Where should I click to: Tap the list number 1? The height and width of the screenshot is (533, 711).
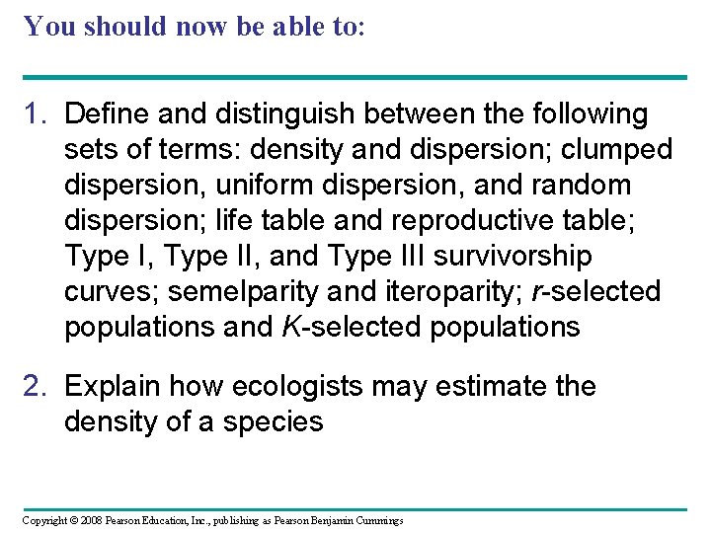36,114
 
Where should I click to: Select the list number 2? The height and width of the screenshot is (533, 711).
36,386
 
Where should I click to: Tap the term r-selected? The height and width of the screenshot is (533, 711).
607,292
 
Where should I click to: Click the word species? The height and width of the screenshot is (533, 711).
271,421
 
